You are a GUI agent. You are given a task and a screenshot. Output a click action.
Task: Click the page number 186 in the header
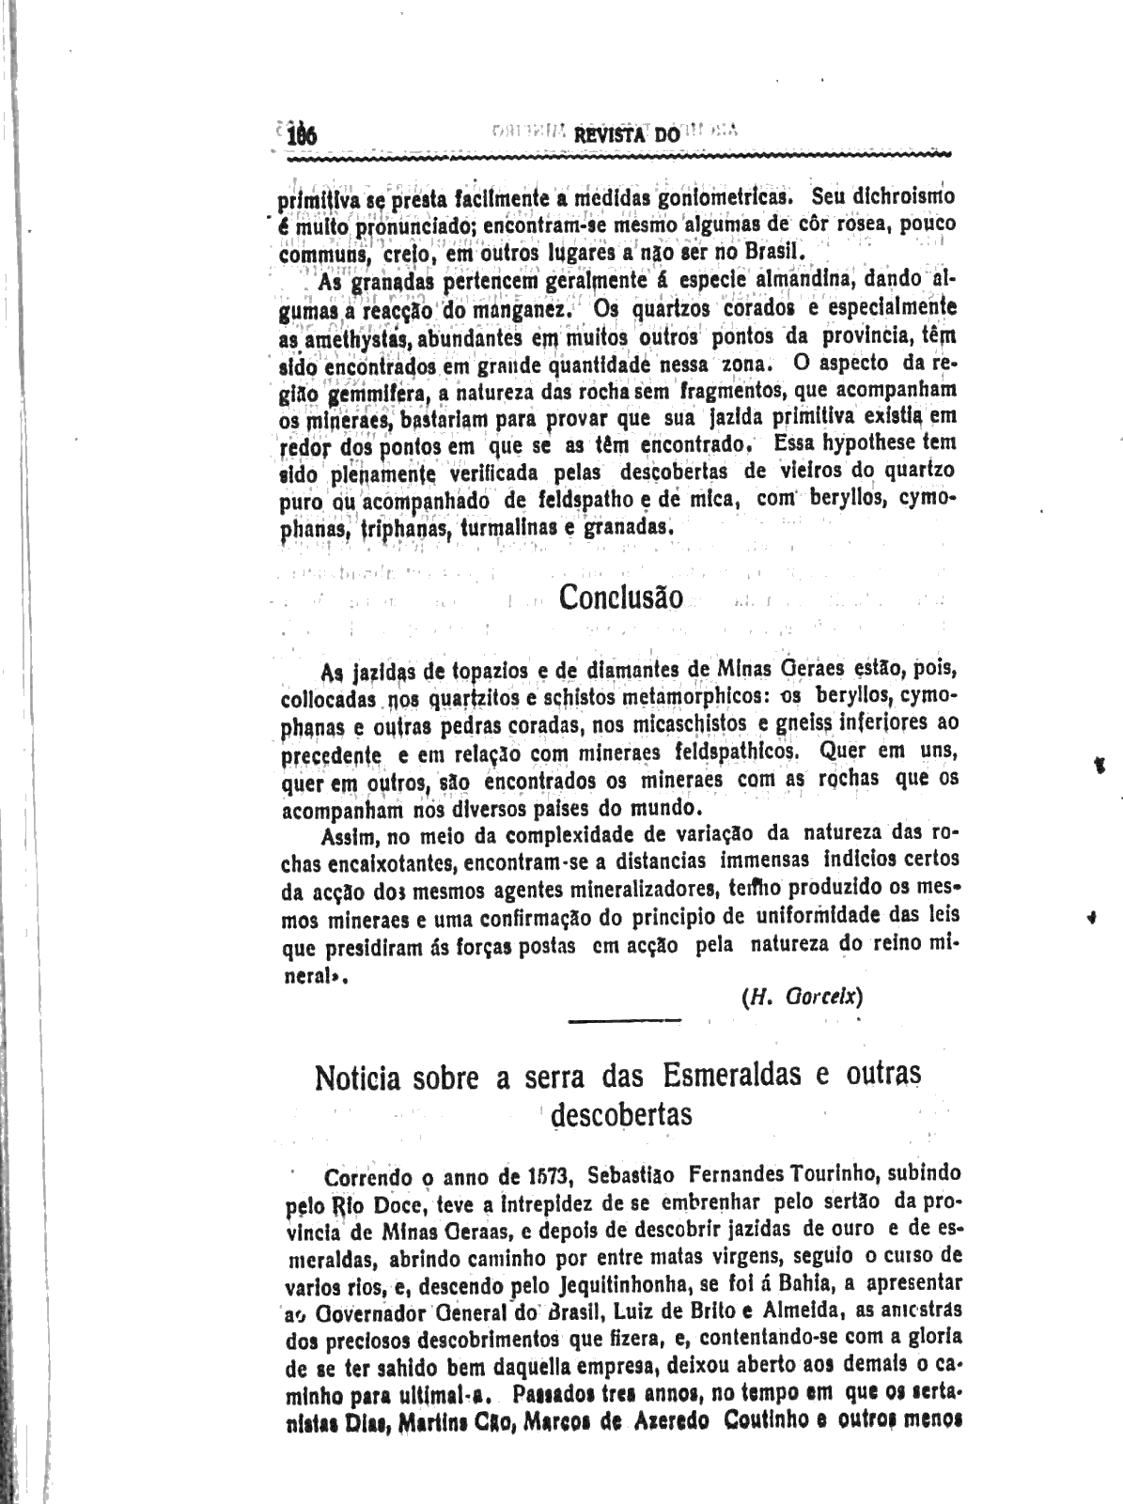click(x=303, y=135)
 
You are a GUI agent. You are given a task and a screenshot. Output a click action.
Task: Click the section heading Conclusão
click(x=621, y=597)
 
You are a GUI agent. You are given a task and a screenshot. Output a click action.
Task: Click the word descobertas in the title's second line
click(x=621, y=1114)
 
